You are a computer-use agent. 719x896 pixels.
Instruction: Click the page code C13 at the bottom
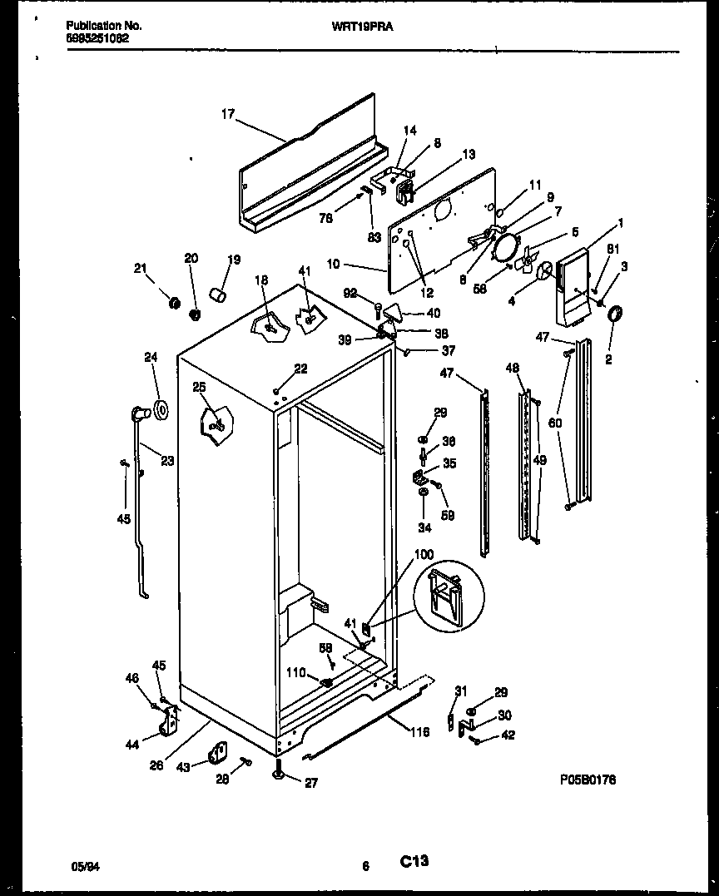[x=414, y=862]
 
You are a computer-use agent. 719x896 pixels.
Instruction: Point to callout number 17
[x=227, y=116]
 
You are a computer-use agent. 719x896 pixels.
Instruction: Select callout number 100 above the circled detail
[x=423, y=554]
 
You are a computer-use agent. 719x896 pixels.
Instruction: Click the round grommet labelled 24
[x=160, y=410]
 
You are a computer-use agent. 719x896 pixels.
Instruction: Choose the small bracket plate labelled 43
[x=219, y=753]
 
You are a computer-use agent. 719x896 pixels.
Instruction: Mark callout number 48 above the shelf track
[x=512, y=368]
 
